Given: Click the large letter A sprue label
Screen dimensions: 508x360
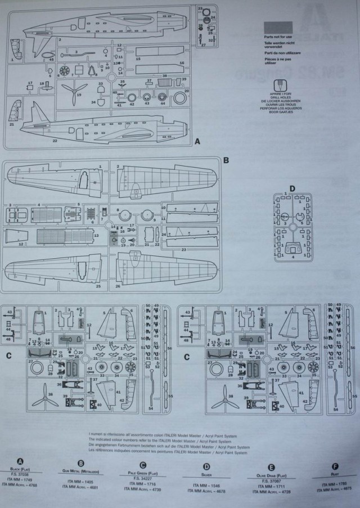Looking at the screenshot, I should click(197, 142).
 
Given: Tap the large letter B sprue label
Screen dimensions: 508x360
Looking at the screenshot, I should click(226, 160).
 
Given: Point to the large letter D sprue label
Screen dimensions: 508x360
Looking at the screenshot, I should click(292, 188).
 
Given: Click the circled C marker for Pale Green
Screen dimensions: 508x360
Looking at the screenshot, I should click(143, 465).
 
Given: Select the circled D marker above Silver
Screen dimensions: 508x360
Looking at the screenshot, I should click(206, 466).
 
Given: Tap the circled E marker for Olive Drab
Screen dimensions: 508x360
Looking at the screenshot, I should click(272, 467).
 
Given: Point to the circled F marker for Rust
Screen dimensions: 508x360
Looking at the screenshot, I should click(335, 466).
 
